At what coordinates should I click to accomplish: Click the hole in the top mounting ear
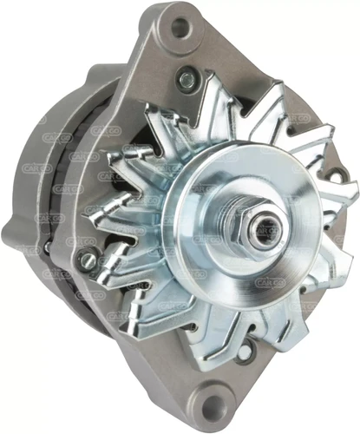pyautogui.click(x=181, y=27)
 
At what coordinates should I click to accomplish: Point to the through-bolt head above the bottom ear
pyautogui.click(x=246, y=352)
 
